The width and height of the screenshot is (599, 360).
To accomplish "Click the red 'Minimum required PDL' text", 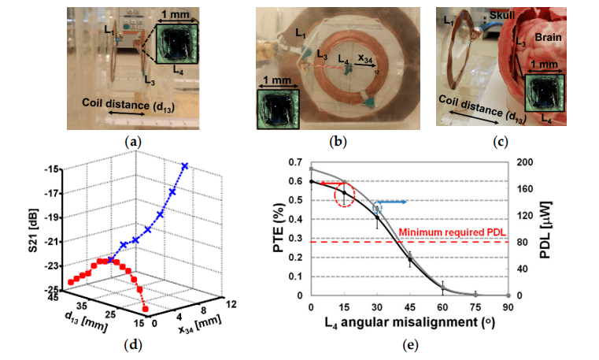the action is click(452, 232).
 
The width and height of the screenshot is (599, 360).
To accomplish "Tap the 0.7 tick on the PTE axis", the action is click(294, 162).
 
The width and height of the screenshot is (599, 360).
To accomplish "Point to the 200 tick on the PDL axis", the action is click(525, 162).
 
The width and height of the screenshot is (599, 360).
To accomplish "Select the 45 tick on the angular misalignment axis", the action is click(410, 307).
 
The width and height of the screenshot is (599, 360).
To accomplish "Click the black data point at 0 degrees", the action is click(312, 181).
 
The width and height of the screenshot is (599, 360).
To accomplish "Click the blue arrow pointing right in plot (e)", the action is click(394, 202).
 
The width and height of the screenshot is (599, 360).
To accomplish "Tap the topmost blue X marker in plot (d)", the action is click(185, 166).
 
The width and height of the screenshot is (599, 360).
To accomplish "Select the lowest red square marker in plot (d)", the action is click(145, 309).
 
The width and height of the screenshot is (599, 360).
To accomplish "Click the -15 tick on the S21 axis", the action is click(53, 169).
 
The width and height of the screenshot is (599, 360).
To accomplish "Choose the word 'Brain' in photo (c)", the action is click(548, 37).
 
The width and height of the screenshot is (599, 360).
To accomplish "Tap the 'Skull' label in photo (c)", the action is click(502, 15).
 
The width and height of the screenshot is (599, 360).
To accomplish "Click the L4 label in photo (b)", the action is click(343, 59).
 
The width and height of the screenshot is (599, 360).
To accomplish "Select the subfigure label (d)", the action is click(133, 345).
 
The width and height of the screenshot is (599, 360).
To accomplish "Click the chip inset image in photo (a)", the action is click(177, 44).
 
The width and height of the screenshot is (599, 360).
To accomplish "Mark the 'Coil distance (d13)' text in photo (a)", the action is click(128, 105).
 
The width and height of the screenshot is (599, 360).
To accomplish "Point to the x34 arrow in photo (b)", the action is click(364, 65).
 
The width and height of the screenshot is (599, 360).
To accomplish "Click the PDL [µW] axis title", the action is click(545, 229).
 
